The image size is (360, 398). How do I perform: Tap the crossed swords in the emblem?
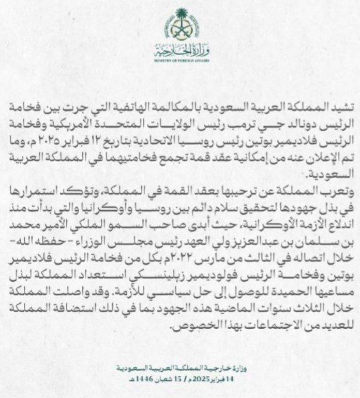tap(179, 32)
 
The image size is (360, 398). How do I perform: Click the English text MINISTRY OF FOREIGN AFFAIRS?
tap(180, 60)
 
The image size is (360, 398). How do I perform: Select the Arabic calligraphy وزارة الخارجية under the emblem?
tap(180, 51)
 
